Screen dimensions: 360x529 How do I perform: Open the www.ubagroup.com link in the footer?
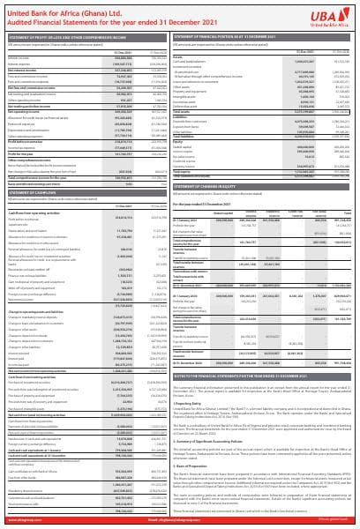point(26,523)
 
